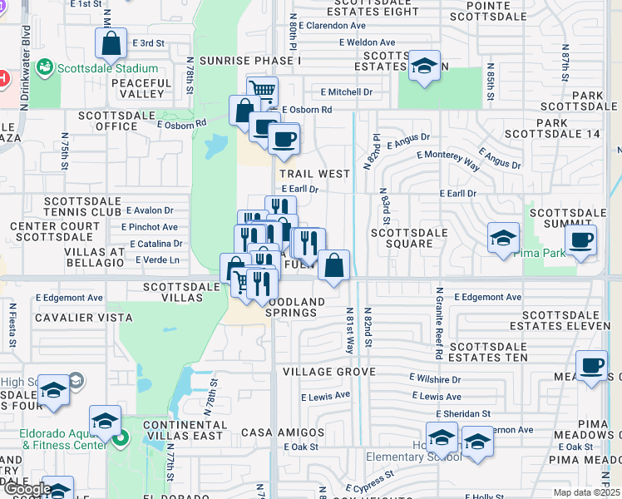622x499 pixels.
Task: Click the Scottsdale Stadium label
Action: pyautogui.click(x=107, y=68)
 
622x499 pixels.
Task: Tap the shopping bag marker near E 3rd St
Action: pyautogui.click(x=110, y=44)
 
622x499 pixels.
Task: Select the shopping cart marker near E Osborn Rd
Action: pyautogui.click(x=262, y=90)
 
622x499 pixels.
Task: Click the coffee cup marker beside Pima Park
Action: pyautogui.click(x=580, y=240)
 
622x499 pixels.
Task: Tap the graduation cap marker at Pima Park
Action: pyautogui.click(x=503, y=239)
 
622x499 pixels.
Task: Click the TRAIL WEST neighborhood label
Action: pyautogui.click(x=314, y=174)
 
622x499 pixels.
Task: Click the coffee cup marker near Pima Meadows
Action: pyautogui.click(x=591, y=366)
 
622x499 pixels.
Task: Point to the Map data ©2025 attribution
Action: pyautogui.click(x=585, y=492)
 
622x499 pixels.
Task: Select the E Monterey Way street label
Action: pyautogui.click(x=449, y=161)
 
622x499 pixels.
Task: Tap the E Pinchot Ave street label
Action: pyautogui.click(x=149, y=226)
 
